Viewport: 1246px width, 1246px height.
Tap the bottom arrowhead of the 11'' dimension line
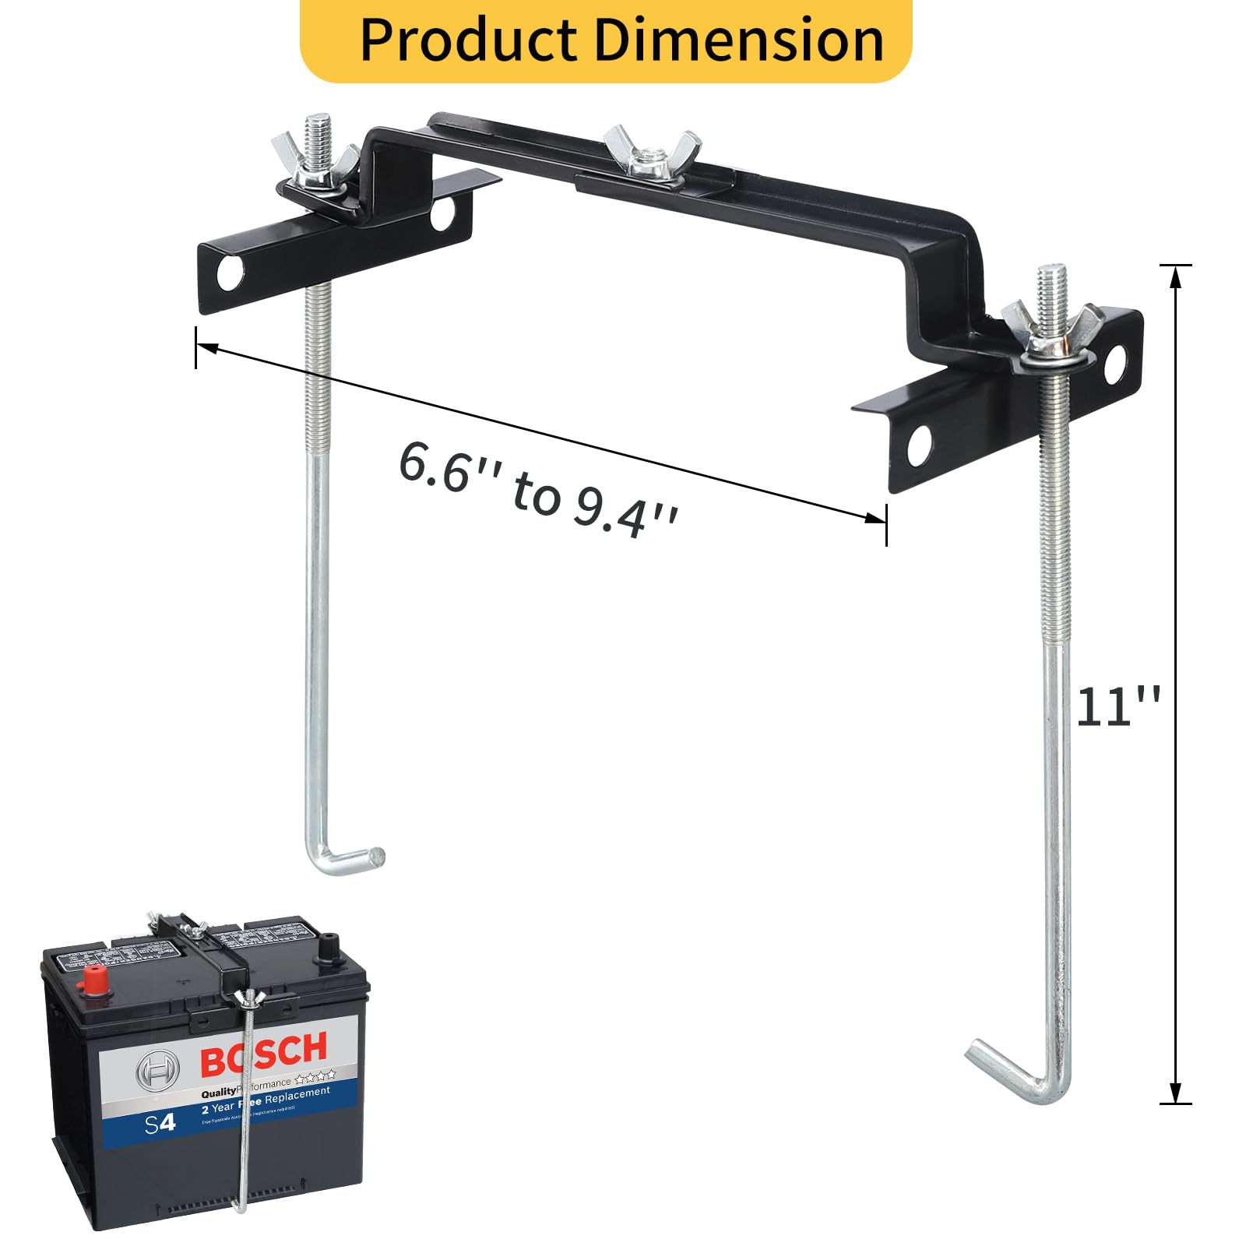(x=1175, y=1094)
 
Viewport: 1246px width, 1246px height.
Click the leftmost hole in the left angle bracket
(x=230, y=273)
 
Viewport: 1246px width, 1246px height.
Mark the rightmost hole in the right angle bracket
(x=1115, y=364)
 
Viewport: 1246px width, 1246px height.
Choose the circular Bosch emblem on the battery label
(x=158, y=1072)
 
